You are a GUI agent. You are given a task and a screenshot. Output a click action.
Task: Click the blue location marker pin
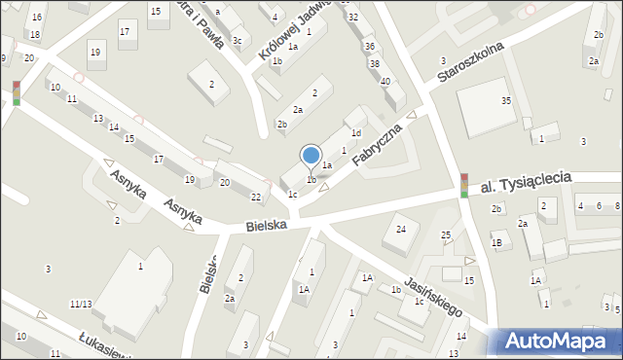311,155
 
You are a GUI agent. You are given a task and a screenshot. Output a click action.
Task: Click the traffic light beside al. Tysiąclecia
464,185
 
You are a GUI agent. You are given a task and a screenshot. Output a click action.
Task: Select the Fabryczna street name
378,139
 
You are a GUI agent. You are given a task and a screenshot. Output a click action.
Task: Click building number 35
506,101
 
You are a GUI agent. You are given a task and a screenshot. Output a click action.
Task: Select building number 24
400,229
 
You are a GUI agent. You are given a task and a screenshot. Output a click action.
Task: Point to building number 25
446,235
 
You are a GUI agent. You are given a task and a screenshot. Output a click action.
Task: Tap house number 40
385,81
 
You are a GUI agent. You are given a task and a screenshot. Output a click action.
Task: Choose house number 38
375,64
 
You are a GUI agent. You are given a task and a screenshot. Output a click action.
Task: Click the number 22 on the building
256,198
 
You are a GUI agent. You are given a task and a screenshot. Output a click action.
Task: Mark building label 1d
356,132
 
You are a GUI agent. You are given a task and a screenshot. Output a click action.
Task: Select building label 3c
237,40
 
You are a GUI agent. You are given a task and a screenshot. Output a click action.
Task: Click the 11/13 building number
81,305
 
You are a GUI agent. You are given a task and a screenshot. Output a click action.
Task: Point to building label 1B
496,243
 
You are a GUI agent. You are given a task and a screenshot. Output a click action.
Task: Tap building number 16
36,18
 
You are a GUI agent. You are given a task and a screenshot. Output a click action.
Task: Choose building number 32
353,18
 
